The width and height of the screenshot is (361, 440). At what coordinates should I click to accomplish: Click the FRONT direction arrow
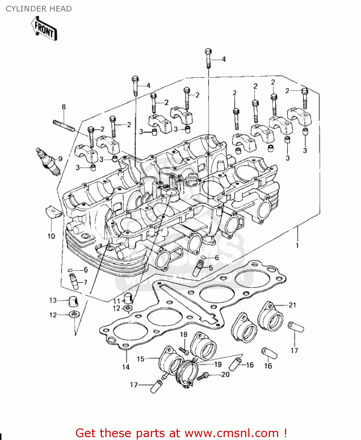click(x=44, y=29)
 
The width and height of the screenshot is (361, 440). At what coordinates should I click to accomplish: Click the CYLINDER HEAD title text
click(x=39, y=9)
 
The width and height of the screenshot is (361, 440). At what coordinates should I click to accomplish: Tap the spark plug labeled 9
click(x=48, y=162)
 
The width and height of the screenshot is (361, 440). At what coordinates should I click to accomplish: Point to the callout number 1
click(x=297, y=245)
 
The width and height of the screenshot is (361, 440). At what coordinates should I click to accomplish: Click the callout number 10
click(x=51, y=236)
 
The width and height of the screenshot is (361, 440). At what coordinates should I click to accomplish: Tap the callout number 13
click(x=53, y=300)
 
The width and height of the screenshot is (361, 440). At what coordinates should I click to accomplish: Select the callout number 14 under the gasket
click(x=126, y=367)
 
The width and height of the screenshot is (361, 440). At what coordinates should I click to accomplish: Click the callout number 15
click(x=141, y=359)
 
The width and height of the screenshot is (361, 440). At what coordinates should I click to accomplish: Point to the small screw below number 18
click(x=184, y=350)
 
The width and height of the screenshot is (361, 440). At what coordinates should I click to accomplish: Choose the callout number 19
click(x=218, y=364)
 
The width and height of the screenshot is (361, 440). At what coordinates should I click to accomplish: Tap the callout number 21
click(x=292, y=305)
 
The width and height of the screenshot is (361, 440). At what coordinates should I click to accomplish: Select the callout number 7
click(x=85, y=282)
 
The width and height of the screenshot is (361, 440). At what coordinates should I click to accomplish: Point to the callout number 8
click(x=64, y=107)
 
